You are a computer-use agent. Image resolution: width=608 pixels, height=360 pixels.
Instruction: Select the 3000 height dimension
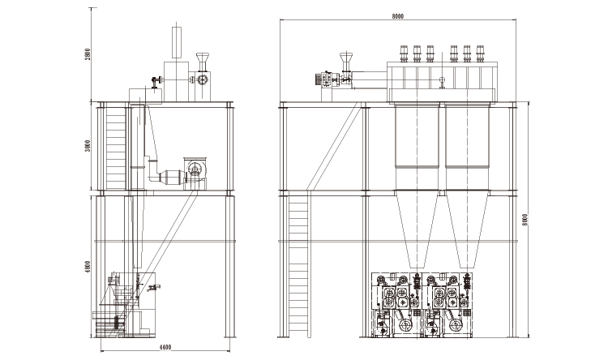coord(87,149)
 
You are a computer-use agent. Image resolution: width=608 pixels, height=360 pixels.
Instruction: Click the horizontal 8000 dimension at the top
coord(397,15)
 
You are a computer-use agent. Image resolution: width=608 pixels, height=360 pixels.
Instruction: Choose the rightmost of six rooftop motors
coord(481,51)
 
